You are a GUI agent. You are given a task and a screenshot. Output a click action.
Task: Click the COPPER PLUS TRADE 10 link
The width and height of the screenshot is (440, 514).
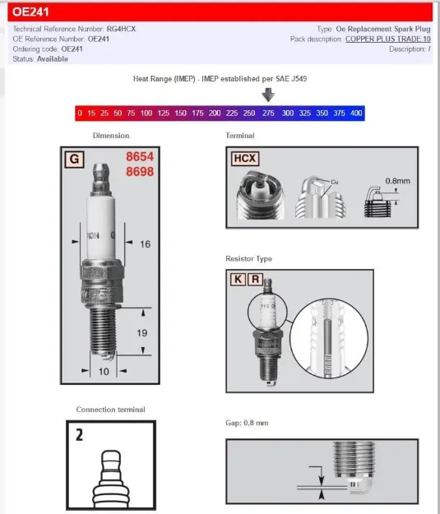387,39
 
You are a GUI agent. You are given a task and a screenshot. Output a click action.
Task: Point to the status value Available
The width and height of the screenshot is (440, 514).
53,59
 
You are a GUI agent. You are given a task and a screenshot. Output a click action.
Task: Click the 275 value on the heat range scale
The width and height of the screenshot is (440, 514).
268,113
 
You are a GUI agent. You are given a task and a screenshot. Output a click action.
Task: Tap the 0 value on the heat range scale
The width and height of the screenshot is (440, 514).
79,113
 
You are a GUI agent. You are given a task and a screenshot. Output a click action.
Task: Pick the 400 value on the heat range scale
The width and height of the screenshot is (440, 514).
355,113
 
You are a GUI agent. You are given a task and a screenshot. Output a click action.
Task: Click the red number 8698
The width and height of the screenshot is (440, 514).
140,173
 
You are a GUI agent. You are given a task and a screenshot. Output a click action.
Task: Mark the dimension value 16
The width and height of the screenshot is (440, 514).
145,245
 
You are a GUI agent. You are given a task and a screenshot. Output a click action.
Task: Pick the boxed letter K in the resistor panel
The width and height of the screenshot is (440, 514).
238,280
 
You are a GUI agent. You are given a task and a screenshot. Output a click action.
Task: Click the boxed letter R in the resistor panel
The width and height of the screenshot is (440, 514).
255,280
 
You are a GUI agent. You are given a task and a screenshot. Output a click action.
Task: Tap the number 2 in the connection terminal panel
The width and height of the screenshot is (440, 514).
79,434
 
